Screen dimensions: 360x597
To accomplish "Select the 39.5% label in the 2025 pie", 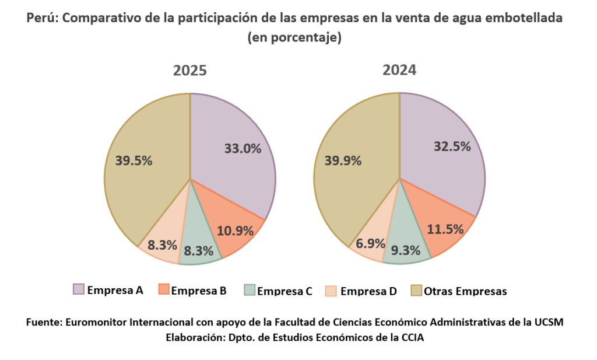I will pos(134,160).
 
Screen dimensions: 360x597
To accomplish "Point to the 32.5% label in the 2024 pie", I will pos(452,146).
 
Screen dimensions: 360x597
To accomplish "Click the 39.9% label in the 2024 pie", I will pos(342,160).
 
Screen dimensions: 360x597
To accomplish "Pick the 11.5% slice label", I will pos(445,229).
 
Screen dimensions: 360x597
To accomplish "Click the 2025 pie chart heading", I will pos(190,71).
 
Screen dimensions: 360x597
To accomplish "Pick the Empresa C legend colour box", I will pos(249,290).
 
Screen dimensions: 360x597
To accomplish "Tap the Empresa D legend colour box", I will pos(331,290).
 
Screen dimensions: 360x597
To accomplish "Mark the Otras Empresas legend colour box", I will pos(416,290).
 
